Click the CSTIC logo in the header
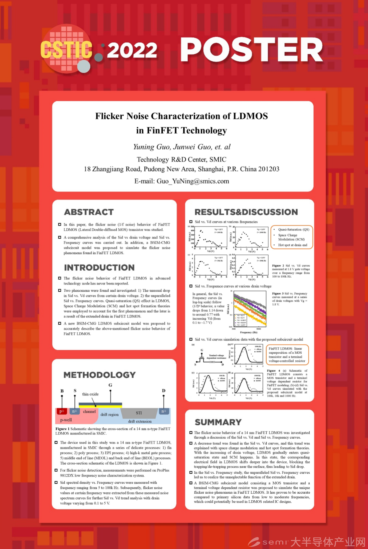pyautogui.click(x=67, y=49)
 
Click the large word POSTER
pyautogui.click(x=252, y=50)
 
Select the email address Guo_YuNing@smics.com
pyautogui.click(x=193, y=181)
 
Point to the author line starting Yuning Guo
pyautogui.click(x=182, y=147)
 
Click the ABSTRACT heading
pyautogui.click(x=89, y=212)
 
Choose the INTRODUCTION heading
pyautogui.click(x=99, y=268)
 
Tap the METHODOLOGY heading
pyautogui.click(x=99, y=375)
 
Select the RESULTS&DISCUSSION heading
pyautogui.click(x=246, y=212)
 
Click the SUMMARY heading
pyautogui.click(x=218, y=422)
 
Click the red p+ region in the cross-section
pyautogui.click(x=62, y=411)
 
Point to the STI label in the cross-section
pyautogui.click(x=139, y=413)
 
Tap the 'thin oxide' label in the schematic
pyautogui.click(x=90, y=394)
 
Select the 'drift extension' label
pyautogui.click(x=140, y=421)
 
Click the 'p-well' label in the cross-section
pyautogui.click(x=66, y=420)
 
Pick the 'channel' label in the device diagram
pyautogui.click(x=89, y=411)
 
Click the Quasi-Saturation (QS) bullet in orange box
pyautogui.click(x=294, y=230)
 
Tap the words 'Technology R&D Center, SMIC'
pyautogui.click(x=181, y=160)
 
